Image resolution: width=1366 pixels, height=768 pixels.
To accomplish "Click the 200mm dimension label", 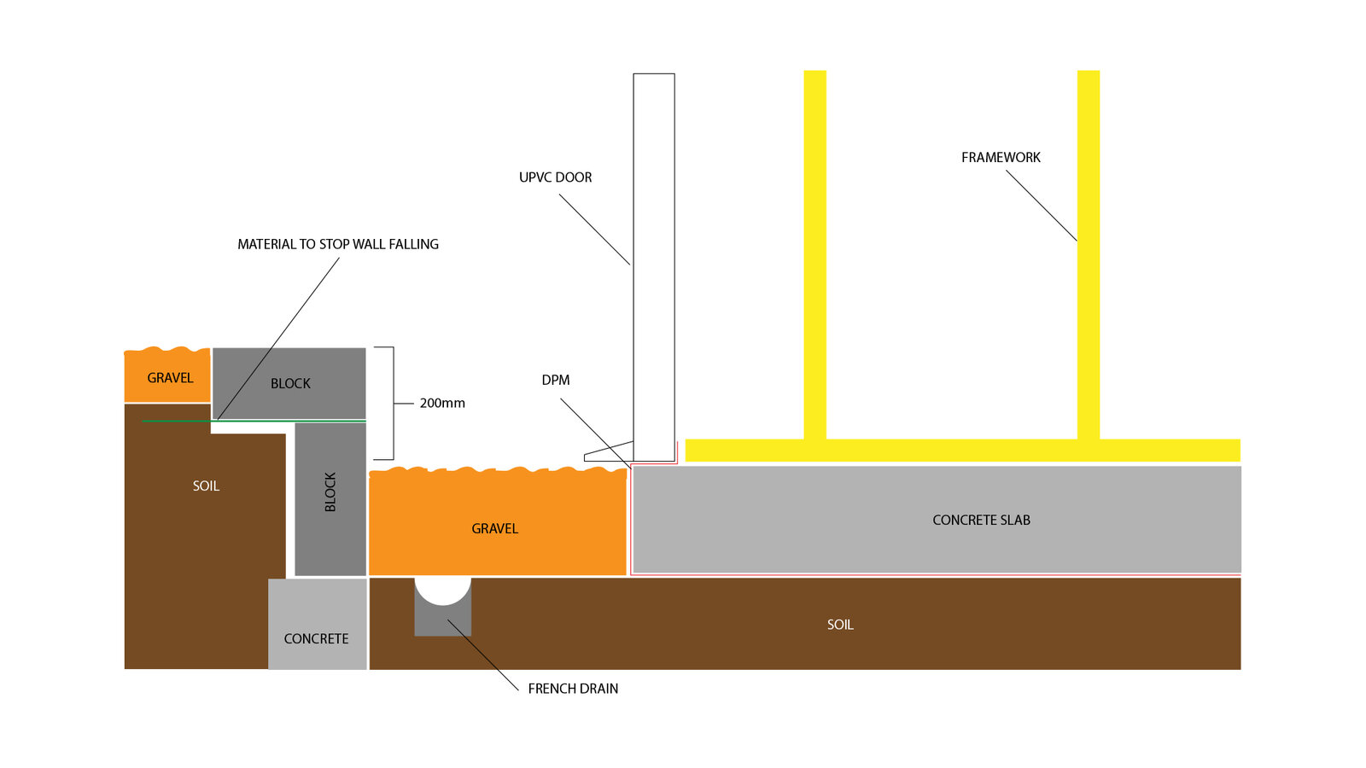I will (x=442, y=403).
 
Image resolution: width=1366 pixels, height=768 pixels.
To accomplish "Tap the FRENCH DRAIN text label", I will (x=573, y=689).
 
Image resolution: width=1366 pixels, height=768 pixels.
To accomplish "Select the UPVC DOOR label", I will (x=555, y=177).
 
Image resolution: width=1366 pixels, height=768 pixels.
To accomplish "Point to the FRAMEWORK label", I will (x=1001, y=158).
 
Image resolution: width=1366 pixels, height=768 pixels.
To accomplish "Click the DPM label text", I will (x=555, y=381).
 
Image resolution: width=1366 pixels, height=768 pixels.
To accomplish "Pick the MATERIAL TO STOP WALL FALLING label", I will (x=338, y=244).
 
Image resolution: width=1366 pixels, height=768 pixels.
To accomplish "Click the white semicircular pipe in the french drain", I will (x=442, y=589).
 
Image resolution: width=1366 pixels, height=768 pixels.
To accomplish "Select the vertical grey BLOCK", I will (x=330, y=499).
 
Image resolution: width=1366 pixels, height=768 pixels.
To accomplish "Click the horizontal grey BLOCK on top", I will (x=289, y=383).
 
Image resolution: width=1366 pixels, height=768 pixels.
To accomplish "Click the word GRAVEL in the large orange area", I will (x=494, y=529).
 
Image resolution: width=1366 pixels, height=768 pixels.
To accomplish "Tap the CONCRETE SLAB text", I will (x=981, y=521).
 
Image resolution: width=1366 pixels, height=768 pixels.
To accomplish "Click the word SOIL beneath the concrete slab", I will (x=840, y=625).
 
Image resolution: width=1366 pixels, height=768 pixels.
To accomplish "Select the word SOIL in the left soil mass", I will (x=206, y=486).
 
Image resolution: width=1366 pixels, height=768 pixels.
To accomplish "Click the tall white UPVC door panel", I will (x=654, y=256).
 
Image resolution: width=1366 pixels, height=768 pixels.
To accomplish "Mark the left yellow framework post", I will (x=814, y=256).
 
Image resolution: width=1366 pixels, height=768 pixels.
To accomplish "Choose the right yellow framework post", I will (x=1088, y=256).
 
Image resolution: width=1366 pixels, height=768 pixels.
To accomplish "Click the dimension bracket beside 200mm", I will (x=392, y=403).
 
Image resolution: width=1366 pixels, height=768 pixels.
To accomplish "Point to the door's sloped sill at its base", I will (x=608, y=453).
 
